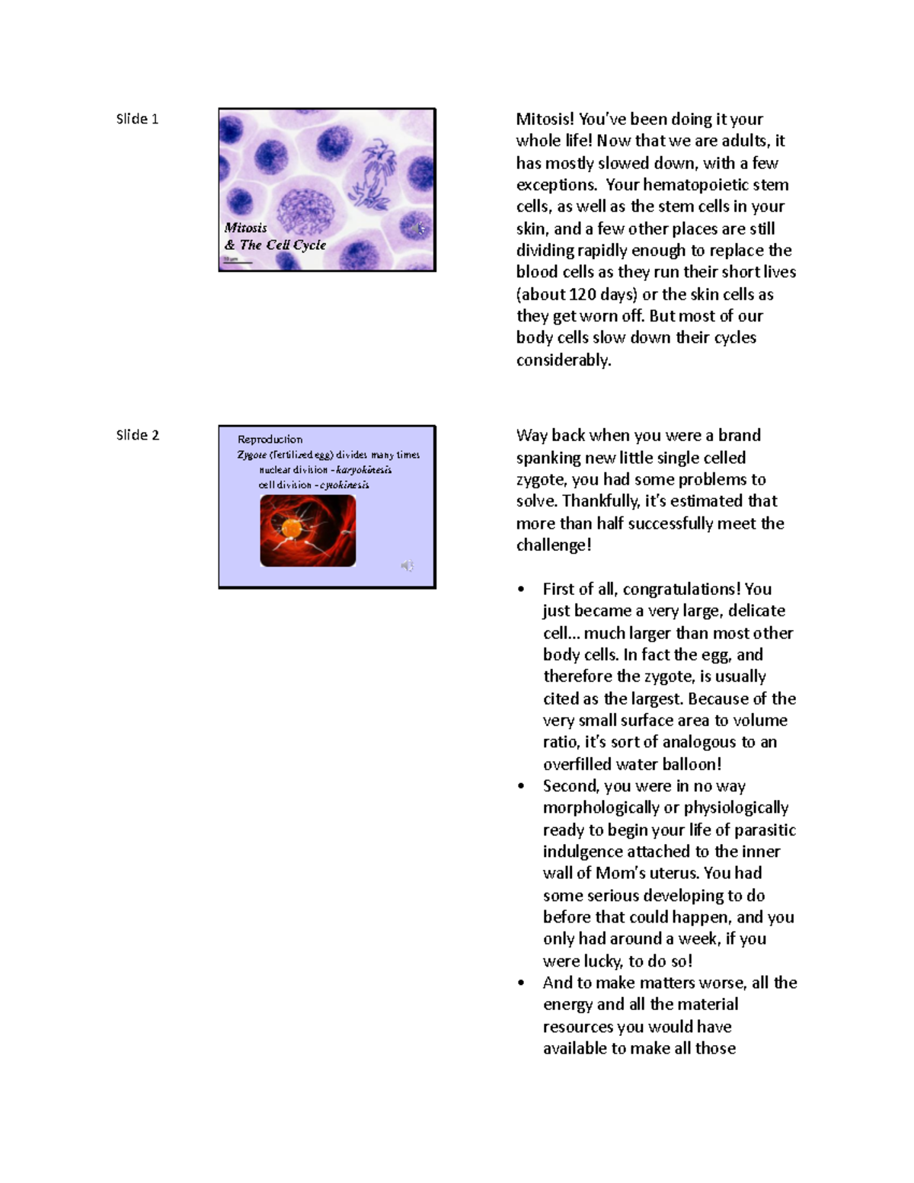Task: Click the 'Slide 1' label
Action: tap(137, 119)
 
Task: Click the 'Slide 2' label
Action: tap(137, 436)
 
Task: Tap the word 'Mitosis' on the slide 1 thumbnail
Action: tap(245, 228)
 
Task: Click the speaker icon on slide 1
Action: tap(416, 228)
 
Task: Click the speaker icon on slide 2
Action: tap(407, 565)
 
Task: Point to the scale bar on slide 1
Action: tap(237, 261)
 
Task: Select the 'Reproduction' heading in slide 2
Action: tap(270, 440)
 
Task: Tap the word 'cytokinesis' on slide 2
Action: tap(344, 485)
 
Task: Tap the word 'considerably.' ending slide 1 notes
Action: tap(564, 360)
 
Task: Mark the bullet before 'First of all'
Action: tap(521, 590)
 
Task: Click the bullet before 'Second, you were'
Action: tap(521, 786)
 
